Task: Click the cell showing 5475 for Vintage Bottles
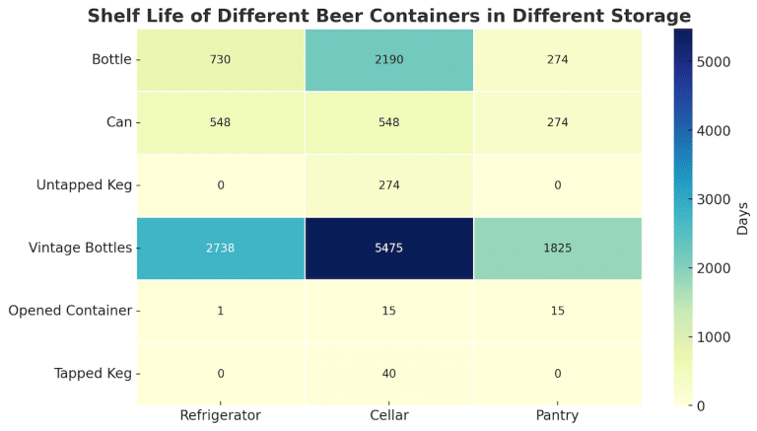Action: (x=389, y=248)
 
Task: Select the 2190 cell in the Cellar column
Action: (x=389, y=60)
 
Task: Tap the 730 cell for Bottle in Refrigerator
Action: (x=221, y=60)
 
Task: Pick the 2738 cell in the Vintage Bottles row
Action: (x=221, y=248)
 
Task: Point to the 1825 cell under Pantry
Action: (x=558, y=248)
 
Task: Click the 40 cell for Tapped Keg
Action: (x=389, y=373)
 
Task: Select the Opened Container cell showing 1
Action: (x=221, y=311)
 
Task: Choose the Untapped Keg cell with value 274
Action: (x=389, y=185)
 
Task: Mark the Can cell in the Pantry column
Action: (x=558, y=122)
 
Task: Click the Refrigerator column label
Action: (x=221, y=416)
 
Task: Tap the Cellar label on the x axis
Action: (x=389, y=416)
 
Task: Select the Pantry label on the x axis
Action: (x=558, y=416)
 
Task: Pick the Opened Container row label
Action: (x=69, y=311)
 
